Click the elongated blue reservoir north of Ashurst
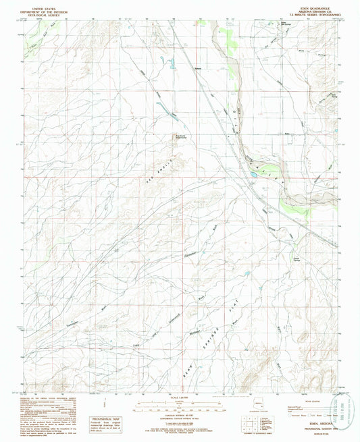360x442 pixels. [x=171, y=64]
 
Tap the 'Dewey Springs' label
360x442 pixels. [x=297, y=256]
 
